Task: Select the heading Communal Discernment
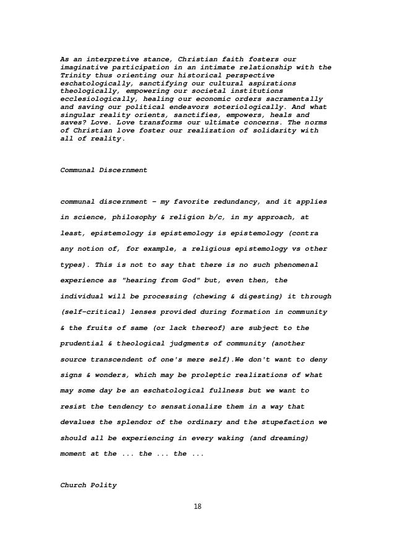click(103, 169)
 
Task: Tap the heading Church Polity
click(88, 485)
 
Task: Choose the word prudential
click(86, 343)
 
